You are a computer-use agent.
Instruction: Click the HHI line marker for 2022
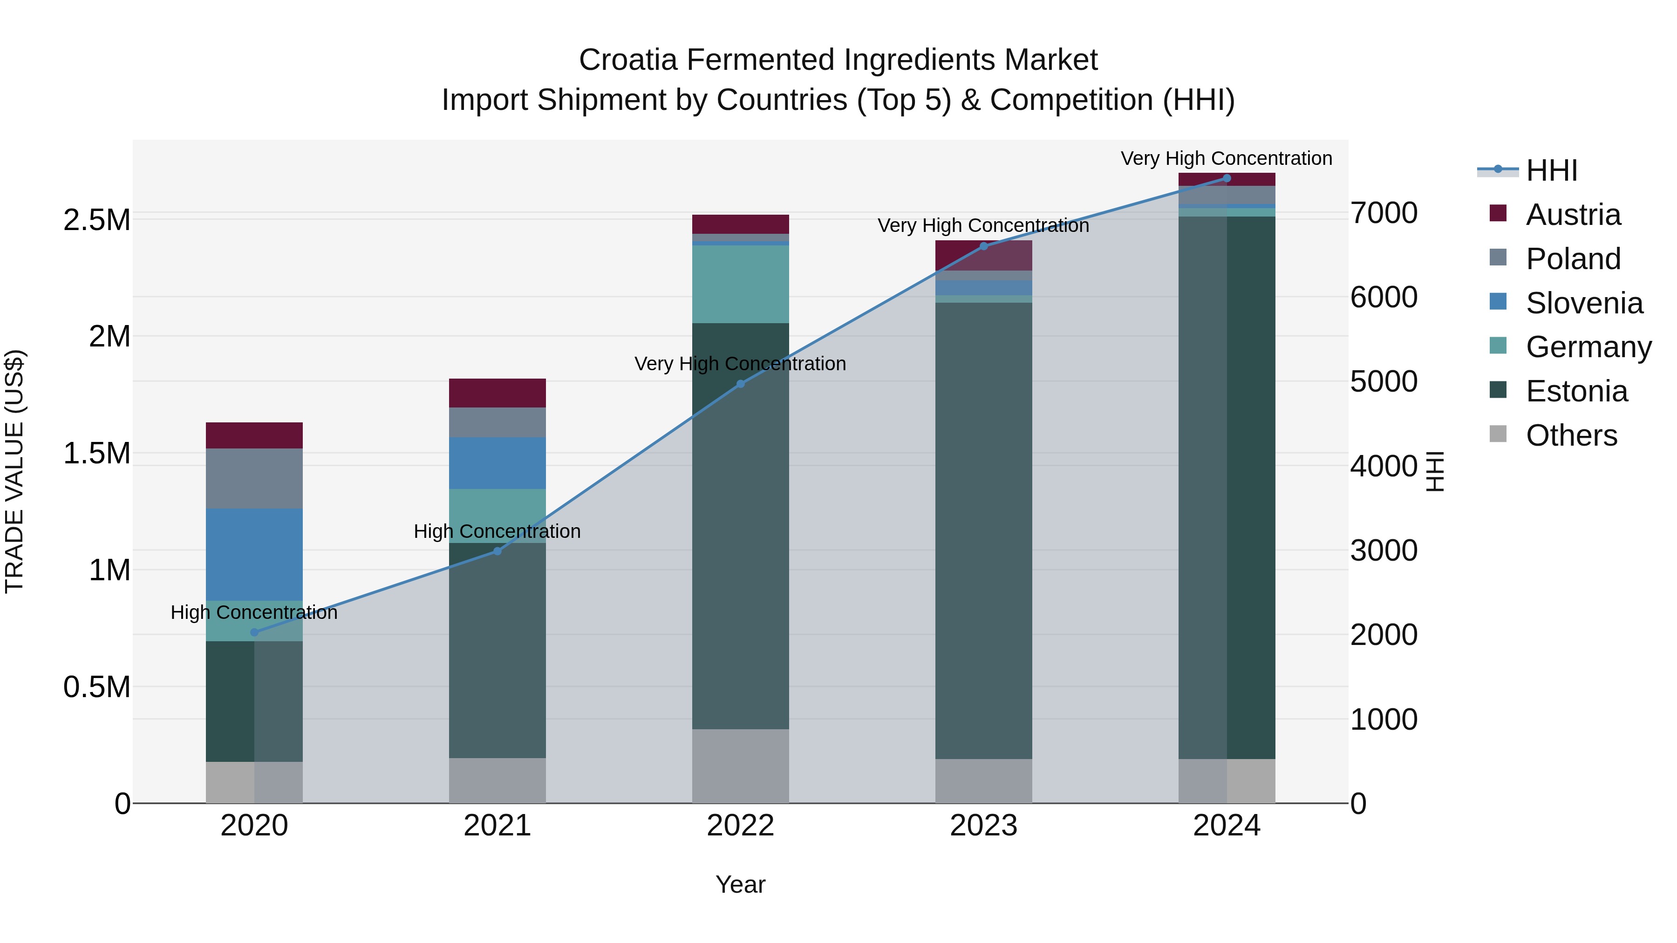point(740,384)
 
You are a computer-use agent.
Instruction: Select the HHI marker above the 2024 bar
point(1227,178)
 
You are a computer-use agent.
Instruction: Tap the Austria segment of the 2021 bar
point(498,393)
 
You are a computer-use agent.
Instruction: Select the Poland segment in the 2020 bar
point(254,478)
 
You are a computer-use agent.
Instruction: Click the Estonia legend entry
point(1575,392)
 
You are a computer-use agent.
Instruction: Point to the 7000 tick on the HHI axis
point(1384,213)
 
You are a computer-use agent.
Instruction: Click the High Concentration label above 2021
point(498,532)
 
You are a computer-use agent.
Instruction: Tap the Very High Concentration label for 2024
point(1227,159)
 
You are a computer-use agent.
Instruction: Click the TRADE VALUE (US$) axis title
point(14,471)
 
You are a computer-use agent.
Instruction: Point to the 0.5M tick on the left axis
point(96,687)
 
